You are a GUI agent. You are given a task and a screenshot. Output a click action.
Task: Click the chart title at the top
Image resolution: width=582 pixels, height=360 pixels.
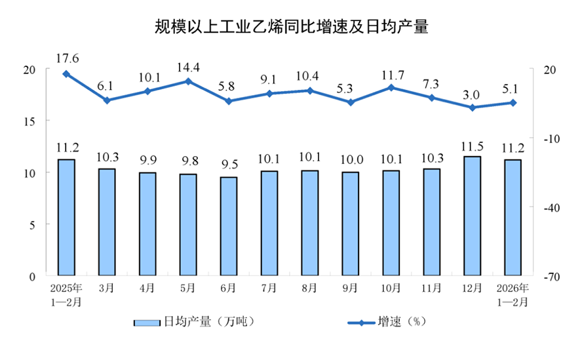click(291, 27)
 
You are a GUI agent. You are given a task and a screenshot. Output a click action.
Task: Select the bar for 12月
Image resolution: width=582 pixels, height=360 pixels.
click(472, 216)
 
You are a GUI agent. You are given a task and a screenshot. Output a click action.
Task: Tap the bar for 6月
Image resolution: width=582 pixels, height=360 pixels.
click(229, 226)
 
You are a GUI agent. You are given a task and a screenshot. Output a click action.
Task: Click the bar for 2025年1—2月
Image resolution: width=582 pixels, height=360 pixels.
click(66, 217)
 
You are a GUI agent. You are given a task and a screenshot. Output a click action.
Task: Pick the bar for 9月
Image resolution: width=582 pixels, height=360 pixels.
click(350, 224)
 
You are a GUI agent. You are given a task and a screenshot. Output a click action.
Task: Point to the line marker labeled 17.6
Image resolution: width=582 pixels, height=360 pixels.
click(66, 74)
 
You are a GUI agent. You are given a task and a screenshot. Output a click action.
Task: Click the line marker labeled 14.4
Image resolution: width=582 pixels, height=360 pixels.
click(188, 81)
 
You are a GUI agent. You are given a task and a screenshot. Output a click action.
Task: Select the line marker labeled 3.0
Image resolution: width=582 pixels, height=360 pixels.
click(472, 108)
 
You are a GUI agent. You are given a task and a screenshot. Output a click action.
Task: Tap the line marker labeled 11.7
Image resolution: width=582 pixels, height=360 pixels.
click(391, 87)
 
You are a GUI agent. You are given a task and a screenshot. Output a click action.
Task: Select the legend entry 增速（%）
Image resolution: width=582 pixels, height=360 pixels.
click(387, 322)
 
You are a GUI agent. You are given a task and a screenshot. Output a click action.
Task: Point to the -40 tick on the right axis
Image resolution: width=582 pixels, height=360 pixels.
click(549, 207)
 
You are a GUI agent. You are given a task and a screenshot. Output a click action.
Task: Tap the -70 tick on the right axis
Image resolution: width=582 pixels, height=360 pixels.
click(549, 277)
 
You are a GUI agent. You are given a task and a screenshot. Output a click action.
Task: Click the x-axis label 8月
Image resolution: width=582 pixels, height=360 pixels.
click(310, 288)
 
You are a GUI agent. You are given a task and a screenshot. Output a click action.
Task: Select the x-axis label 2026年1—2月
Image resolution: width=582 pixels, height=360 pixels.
click(513, 294)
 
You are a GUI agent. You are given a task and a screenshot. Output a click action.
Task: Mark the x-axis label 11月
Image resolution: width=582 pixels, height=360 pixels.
click(431, 288)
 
